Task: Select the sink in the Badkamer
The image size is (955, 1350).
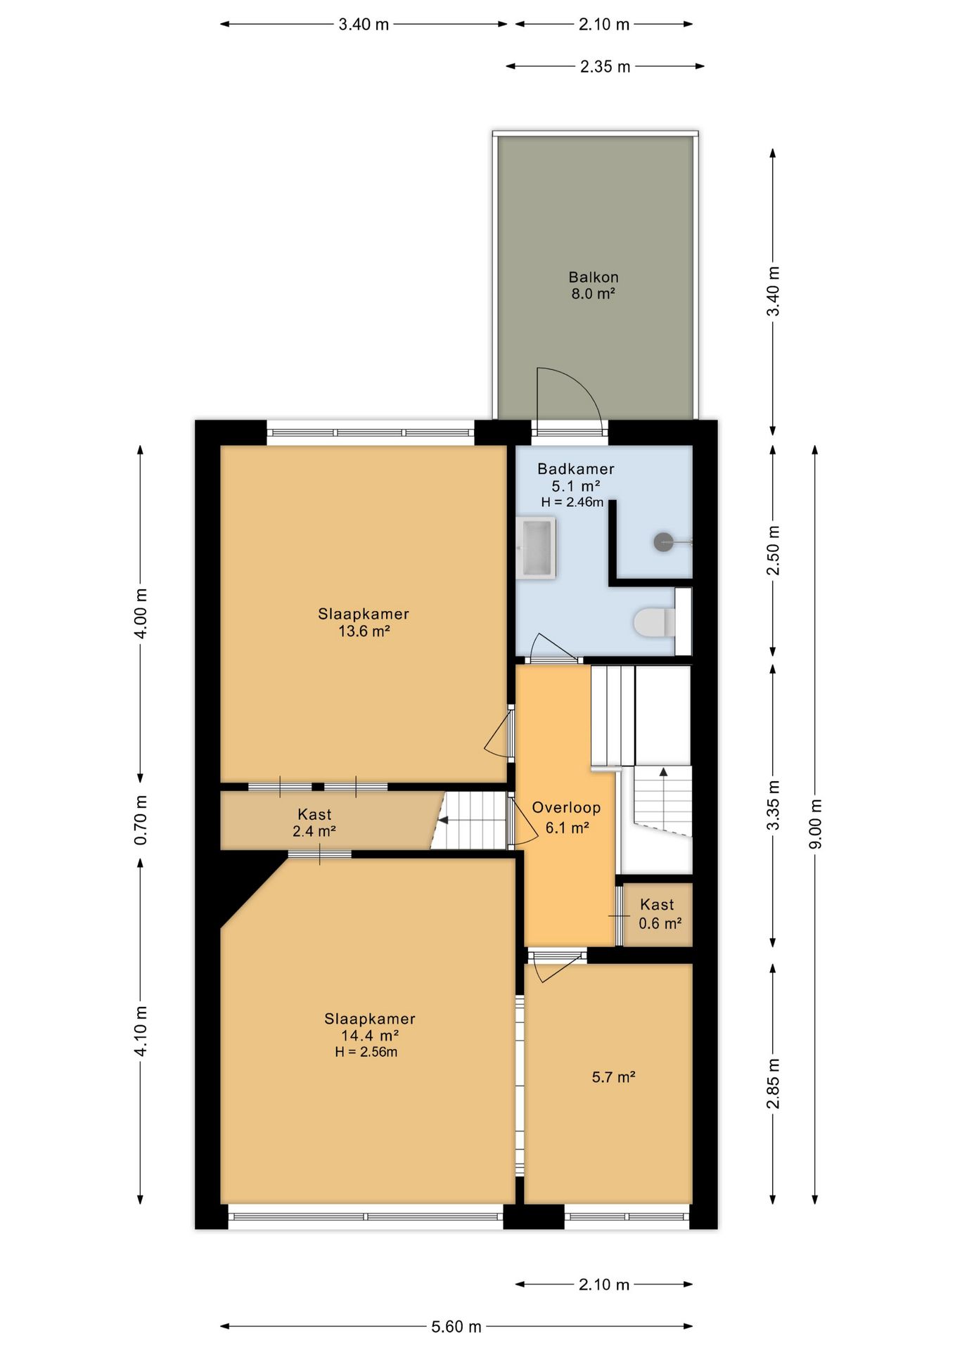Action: tap(536, 548)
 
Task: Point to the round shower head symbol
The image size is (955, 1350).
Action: tap(663, 542)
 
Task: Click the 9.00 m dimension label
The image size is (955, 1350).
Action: tap(815, 824)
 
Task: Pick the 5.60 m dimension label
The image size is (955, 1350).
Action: tap(456, 1326)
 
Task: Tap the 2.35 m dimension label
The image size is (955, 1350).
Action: tap(605, 66)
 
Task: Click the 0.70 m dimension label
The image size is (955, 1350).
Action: tap(141, 820)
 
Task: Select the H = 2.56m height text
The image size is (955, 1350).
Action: tap(366, 1052)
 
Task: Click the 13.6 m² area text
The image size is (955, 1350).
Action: tap(364, 631)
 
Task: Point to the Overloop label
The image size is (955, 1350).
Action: tap(566, 807)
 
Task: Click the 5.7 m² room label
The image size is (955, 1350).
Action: tap(613, 1076)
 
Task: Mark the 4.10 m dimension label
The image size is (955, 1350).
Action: tap(141, 1031)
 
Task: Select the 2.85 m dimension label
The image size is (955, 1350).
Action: tap(773, 1084)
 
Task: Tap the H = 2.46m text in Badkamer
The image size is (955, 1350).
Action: tap(572, 502)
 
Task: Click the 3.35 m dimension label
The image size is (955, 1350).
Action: tap(773, 805)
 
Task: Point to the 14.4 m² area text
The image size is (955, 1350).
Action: tap(370, 1035)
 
